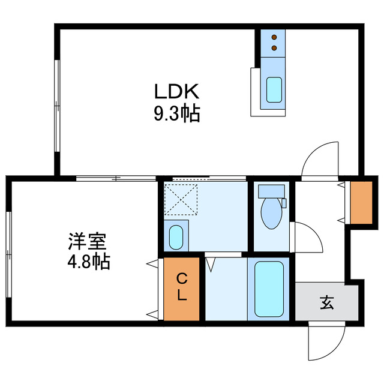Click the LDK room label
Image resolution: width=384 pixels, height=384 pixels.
(176, 92)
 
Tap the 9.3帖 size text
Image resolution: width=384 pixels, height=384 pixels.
(176, 113)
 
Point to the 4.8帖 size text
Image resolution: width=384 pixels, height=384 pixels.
(87, 262)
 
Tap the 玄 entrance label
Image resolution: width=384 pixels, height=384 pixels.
(326, 303)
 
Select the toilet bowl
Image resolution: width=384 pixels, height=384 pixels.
(271, 213)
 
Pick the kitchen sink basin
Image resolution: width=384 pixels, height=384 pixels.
(274, 90)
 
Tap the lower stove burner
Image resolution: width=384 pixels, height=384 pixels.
(274, 47)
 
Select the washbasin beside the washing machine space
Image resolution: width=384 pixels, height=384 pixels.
(176, 236)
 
